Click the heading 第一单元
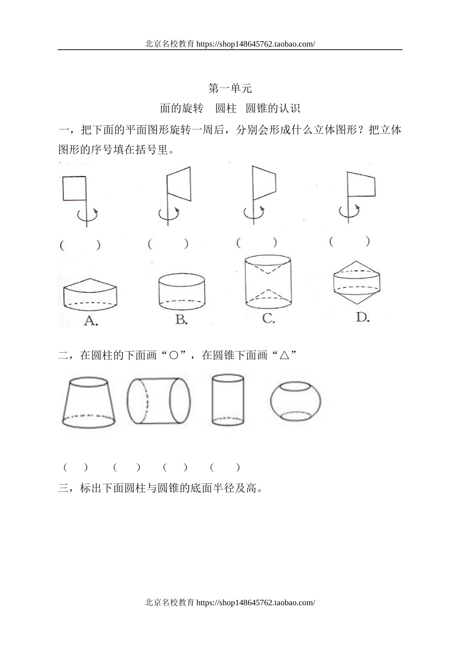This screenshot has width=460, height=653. (x=230, y=89)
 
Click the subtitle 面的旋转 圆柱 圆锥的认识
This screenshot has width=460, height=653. (x=230, y=108)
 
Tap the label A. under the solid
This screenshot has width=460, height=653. (x=91, y=320)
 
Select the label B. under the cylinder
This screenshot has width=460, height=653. (x=182, y=320)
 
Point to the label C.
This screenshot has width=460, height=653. (x=268, y=319)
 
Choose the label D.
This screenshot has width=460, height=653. (x=363, y=317)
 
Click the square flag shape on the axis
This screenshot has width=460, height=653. (x=74, y=188)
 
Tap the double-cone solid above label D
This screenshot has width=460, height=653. (x=357, y=282)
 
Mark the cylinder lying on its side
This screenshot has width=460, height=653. (x=159, y=401)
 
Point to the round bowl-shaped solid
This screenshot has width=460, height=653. (x=295, y=401)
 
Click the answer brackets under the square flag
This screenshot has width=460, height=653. (x=80, y=245)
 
